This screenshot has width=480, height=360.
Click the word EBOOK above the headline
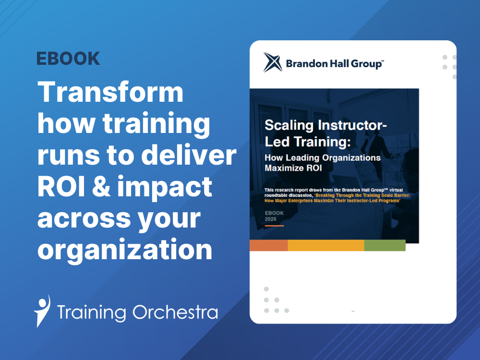pos(68,59)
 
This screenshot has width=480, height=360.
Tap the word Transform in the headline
pos(110,93)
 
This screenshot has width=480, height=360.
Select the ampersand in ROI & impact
pos(108,187)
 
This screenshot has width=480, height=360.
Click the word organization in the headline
pos(125,250)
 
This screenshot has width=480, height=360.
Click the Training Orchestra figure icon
pos(42,311)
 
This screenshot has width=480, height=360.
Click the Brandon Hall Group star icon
pos(272,62)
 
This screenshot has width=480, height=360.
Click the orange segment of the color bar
pos(268,245)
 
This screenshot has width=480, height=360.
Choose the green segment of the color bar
pos(384,245)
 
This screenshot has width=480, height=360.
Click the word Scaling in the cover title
pos(288,126)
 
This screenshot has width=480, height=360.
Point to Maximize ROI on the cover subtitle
pos(292,168)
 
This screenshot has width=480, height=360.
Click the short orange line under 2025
pos(274,226)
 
